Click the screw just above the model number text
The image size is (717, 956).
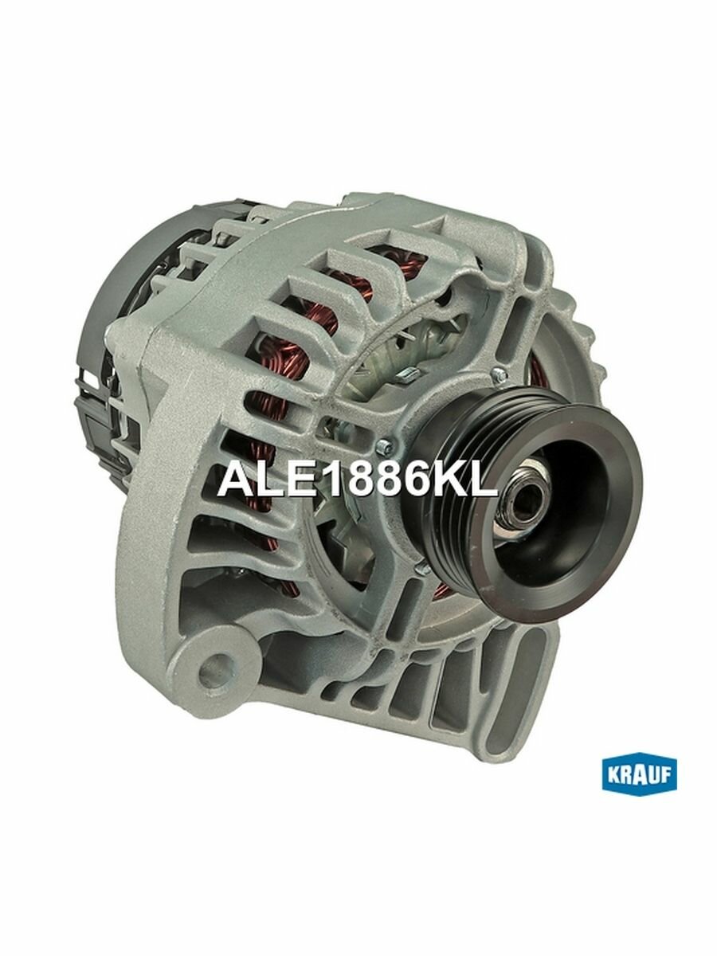pyautogui.click(x=383, y=444)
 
